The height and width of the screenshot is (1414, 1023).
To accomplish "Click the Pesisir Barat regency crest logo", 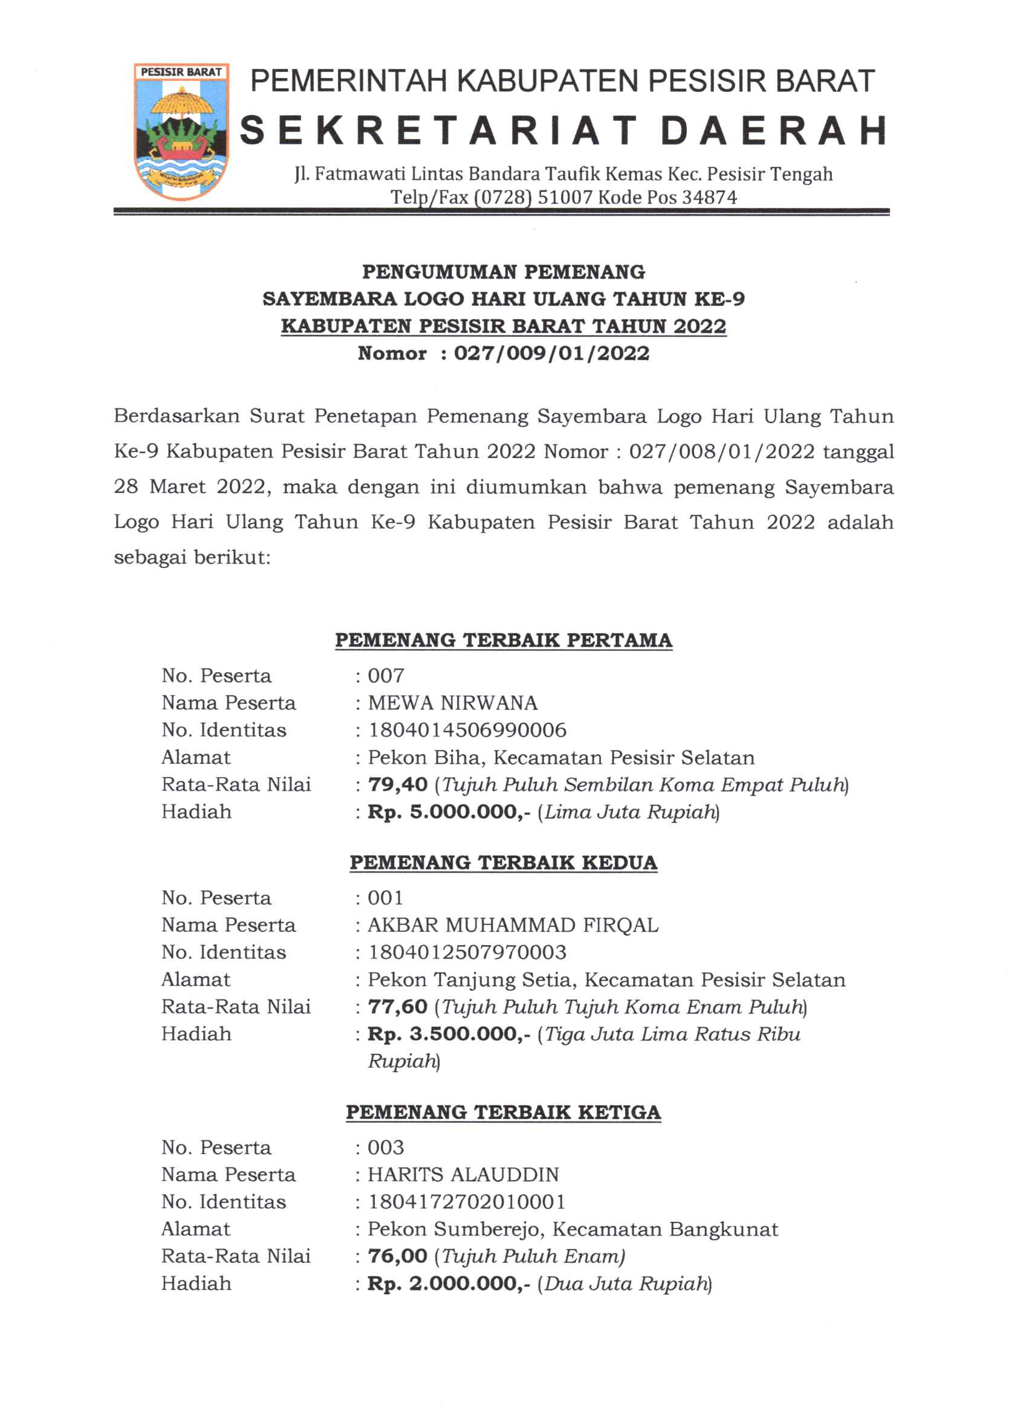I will point(181,132).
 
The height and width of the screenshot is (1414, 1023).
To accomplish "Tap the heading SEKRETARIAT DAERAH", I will point(563,131).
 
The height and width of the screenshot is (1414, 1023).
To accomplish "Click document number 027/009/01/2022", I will point(551,353).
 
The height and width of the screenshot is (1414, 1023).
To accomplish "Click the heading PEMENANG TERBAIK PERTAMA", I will point(504,641).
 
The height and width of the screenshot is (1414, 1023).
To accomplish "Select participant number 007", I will point(386,675).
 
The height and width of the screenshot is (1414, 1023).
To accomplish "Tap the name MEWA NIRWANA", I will point(452,703).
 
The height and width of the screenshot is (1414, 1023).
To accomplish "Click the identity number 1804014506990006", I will point(467,730).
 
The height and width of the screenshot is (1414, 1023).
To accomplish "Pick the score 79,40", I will point(397,784).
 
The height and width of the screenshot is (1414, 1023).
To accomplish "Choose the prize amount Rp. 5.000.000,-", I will point(449,812).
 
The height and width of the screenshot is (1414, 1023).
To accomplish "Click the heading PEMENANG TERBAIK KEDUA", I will point(504,862).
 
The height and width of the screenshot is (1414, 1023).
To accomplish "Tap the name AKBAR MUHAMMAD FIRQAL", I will point(513,925).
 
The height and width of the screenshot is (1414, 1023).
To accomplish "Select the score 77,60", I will point(397,1007).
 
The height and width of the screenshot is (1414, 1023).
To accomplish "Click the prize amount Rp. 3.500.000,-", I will point(449,1035).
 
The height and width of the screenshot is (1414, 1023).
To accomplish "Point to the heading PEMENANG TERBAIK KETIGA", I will point(504,1112).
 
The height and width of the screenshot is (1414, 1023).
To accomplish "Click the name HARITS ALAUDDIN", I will point(463,1175).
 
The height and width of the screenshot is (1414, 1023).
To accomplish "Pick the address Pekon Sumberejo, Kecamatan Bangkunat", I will point(573,1230).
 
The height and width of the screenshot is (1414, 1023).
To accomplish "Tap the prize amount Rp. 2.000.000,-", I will point(449,1283).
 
